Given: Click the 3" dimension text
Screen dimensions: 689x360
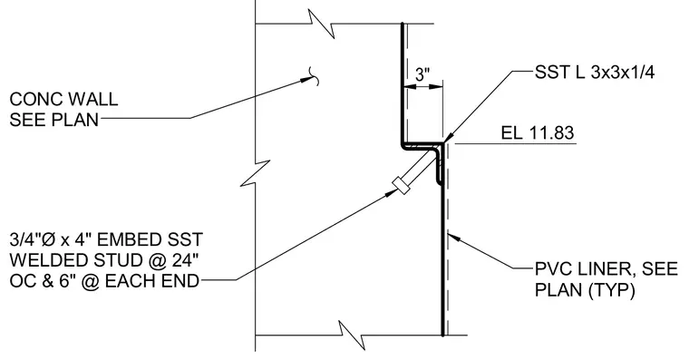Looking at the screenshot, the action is coord(422,74).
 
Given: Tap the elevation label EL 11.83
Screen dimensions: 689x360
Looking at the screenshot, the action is coord(538,132).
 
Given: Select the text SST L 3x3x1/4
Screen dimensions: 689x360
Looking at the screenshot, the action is coord(595,73).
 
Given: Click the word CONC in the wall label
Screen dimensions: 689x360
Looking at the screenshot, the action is coord(35,100).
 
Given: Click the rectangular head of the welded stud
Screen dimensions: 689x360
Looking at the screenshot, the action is coord(401,185).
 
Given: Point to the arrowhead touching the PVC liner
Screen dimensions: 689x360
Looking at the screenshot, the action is coord(454,238).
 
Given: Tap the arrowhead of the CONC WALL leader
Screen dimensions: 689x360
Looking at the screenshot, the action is coord(306,80).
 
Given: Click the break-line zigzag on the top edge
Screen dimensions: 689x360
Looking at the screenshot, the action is coord(323,24).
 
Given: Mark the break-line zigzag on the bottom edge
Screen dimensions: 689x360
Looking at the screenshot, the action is coord(352,336).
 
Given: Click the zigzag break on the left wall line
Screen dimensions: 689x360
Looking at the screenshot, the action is coord(256,173).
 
